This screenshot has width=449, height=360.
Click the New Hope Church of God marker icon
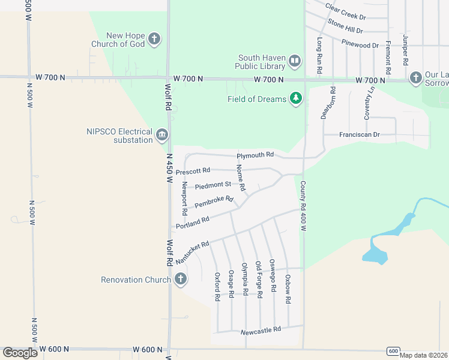tap(154, 40)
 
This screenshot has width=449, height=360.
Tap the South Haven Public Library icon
tap(295, 61)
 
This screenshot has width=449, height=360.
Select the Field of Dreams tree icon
tap(295, 98)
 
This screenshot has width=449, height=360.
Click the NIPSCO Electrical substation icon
tap(161, 136)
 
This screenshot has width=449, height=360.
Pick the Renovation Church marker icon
tap(180, 279)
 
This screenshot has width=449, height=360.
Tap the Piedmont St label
tap(217, 185)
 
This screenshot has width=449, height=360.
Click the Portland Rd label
tap(193, 223)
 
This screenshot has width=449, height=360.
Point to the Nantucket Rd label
tap(192, 253)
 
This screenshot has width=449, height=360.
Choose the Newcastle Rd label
tap(261, 330)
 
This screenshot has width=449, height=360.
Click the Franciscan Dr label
tap(360, 135)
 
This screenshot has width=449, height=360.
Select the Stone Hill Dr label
tap(345, 27)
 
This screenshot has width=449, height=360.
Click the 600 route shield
tap(393, 351)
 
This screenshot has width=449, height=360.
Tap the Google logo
tap(20, 353)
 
